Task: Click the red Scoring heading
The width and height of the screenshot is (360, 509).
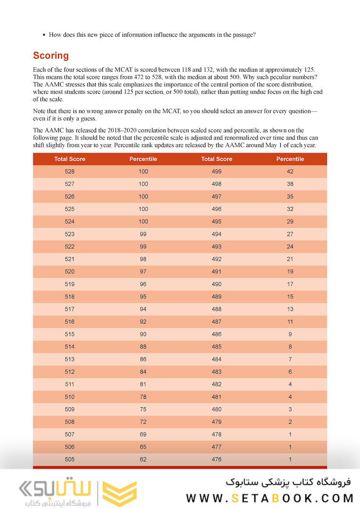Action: (50, 56)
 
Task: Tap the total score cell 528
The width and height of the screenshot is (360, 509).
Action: (70, 172)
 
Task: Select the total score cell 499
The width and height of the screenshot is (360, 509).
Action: (217, 172)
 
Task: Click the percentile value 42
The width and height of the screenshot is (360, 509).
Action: (290, 172)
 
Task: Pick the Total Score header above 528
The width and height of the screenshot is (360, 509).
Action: (70, 159)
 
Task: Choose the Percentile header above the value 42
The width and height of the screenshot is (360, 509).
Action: (290, 159)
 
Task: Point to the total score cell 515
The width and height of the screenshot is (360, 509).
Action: (70, 334)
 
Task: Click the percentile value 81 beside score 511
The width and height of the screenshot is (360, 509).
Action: (143, 384)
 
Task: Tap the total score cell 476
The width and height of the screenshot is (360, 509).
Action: (217, 459)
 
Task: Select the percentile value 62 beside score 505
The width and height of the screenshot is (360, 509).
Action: (143, 459)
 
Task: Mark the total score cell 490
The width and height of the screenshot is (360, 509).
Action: (217, 284)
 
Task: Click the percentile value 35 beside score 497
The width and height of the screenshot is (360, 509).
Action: (290, 197)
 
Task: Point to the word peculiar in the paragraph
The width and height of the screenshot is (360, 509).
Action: (276, 77)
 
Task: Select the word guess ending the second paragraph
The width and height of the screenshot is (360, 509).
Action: (89, 119)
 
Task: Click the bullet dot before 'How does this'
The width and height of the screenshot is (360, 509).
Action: (44, 35)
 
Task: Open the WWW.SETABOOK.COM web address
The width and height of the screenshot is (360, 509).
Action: (270, 498)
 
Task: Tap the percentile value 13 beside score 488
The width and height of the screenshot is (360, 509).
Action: (290, 309)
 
